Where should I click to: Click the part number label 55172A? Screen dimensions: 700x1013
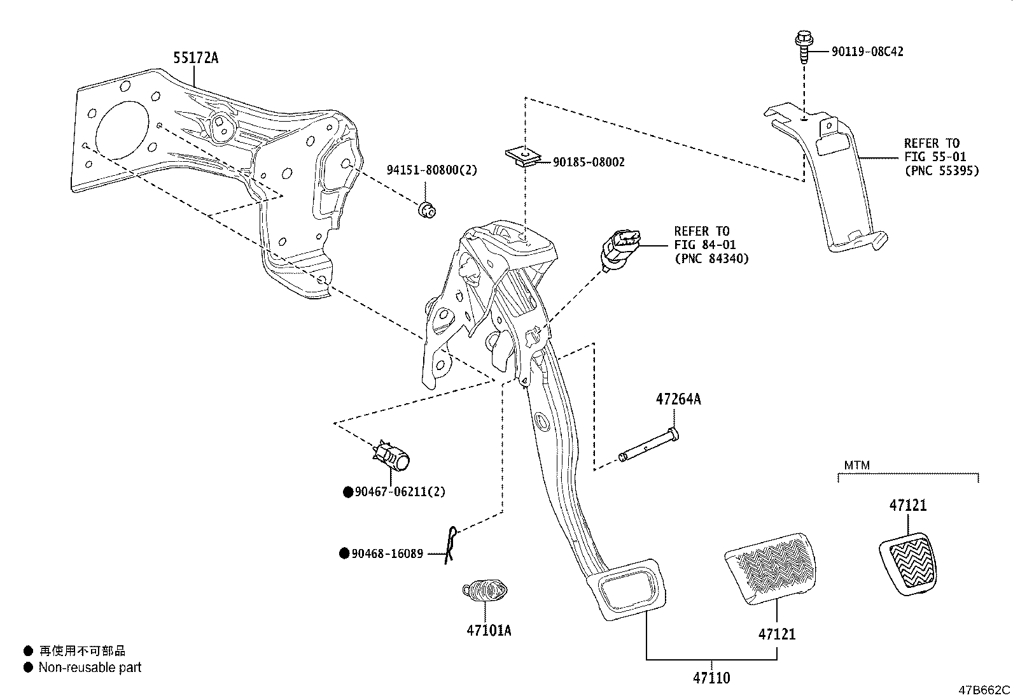pos(195,58)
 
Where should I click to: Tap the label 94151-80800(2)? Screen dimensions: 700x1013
pos(431,170)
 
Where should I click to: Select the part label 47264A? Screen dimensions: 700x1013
pos(678,399)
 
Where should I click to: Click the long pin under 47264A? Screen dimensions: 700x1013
pos(648,446)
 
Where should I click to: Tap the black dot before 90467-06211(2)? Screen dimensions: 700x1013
pos(348,492)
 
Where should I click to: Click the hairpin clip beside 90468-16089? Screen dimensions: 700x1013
pos(450,546)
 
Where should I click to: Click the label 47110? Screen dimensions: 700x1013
pos(711,678)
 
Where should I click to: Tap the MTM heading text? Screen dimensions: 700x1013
pos(856,466)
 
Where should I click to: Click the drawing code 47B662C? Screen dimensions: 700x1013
pos(984,690)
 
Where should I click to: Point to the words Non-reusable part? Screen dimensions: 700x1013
pos(90,668)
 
